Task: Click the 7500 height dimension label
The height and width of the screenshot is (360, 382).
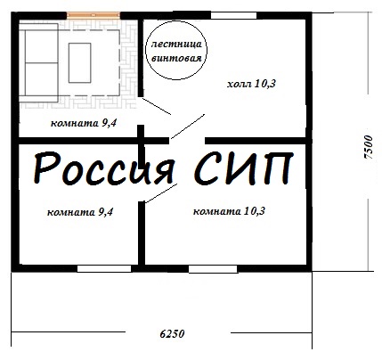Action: point(368,148)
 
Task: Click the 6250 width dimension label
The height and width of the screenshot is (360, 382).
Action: point(172,334)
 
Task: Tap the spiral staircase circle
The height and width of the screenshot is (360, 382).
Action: point(176,21)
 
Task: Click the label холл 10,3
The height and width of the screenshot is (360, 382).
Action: point(251,84)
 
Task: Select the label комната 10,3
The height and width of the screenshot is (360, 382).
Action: point(229,211)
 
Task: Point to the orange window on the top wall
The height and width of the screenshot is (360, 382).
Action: point(93,15)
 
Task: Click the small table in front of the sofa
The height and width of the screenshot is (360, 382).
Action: point(79,62)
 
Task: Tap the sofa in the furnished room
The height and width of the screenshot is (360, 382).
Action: point(38,62)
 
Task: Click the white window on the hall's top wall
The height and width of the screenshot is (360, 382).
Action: point(233,15)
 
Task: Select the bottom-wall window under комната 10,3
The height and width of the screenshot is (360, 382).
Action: point(213,269)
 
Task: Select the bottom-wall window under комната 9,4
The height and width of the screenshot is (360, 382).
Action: point(104,268)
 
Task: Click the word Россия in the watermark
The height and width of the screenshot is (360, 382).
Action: point(104,168)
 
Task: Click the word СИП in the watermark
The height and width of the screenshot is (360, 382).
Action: point(244,168)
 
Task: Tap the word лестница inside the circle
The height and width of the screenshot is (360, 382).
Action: point(176,45)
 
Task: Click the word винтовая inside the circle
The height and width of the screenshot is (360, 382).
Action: point(176,58)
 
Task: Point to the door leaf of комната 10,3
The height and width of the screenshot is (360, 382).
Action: point(160,193)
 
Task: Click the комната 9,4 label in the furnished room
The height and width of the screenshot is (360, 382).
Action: point(84,123)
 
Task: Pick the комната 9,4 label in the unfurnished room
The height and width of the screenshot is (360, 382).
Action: point(80,212)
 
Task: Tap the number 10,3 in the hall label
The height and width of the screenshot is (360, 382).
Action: point(264,84)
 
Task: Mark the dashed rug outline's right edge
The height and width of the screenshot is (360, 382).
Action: point(119,62)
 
